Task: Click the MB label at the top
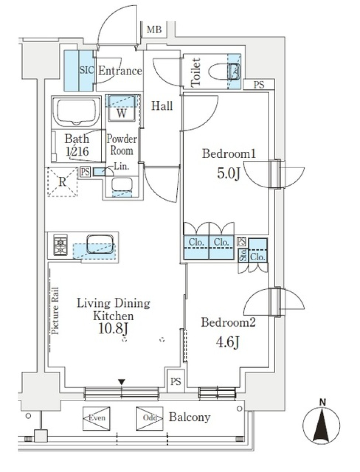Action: point(154,29)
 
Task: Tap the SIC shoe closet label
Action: point(86,70)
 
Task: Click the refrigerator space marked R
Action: point(62,182)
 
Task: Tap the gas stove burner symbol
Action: point(60,246)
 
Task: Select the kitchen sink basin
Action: point(100,244)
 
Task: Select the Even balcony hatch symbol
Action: point(96,418)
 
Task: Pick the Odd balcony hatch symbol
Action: point(149,418)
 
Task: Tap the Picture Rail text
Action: point(55,311)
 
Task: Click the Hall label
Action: point(162,106)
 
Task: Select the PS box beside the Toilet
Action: point(258,85)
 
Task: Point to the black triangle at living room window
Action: point(121,382)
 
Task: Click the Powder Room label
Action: point(121,145)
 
